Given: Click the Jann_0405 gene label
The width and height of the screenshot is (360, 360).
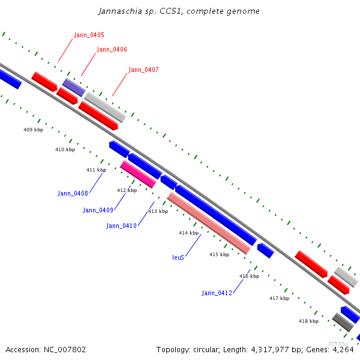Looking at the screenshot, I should coord(89,35).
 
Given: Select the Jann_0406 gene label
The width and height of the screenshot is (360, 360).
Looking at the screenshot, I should coord(112,49).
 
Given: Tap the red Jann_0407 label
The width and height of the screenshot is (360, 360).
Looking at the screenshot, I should coord(143,70).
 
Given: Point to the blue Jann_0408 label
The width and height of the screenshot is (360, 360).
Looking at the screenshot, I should coord(73,193).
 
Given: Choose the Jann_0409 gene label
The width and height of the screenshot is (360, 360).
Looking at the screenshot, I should coord(98,210).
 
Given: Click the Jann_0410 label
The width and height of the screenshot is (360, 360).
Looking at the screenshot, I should coord(121,226).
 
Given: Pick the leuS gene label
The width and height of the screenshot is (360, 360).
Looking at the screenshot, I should coord(178,257).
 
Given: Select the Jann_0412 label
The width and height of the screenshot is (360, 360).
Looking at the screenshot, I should coord(217,293).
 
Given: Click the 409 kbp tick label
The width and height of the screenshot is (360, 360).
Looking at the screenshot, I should coord(33,130).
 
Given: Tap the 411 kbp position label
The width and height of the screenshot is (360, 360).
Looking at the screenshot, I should coord(96,170).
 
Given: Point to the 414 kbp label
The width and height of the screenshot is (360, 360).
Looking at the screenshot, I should coord(188,233).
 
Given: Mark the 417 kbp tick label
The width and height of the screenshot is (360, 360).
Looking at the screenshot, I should coord(279,298).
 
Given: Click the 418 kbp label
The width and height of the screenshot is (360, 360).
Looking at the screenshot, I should coord(308,321).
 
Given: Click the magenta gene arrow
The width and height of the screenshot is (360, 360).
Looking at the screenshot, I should coord(138,174).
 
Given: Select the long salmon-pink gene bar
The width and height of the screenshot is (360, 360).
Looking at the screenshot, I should coord(208,223).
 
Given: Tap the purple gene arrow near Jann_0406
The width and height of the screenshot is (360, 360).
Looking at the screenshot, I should coord(74,87).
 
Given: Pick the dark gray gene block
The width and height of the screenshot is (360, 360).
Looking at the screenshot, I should coord(342,322).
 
